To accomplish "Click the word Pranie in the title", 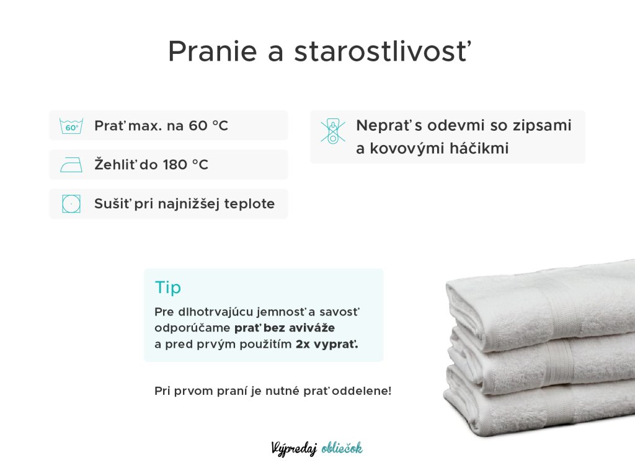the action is [x=213, y=52].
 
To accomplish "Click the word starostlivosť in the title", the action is [x=383, y=51].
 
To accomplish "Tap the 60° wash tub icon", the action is [x=71, y=126].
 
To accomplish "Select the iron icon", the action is [x=71, y=165].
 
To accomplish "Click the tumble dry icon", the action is [x=71, y=203].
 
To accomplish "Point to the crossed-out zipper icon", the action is [x=333, y=131].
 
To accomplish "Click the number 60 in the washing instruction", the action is [x=198, y=125].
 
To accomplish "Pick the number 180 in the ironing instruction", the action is [x=175, y=165].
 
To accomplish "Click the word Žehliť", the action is [x=115, y=164].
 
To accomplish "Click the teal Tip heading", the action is [x=168, y=288].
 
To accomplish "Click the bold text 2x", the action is [x=303, y=345].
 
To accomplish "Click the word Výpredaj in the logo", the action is [x=294, y=449].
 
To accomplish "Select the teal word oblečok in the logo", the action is [x=342, y=448].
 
